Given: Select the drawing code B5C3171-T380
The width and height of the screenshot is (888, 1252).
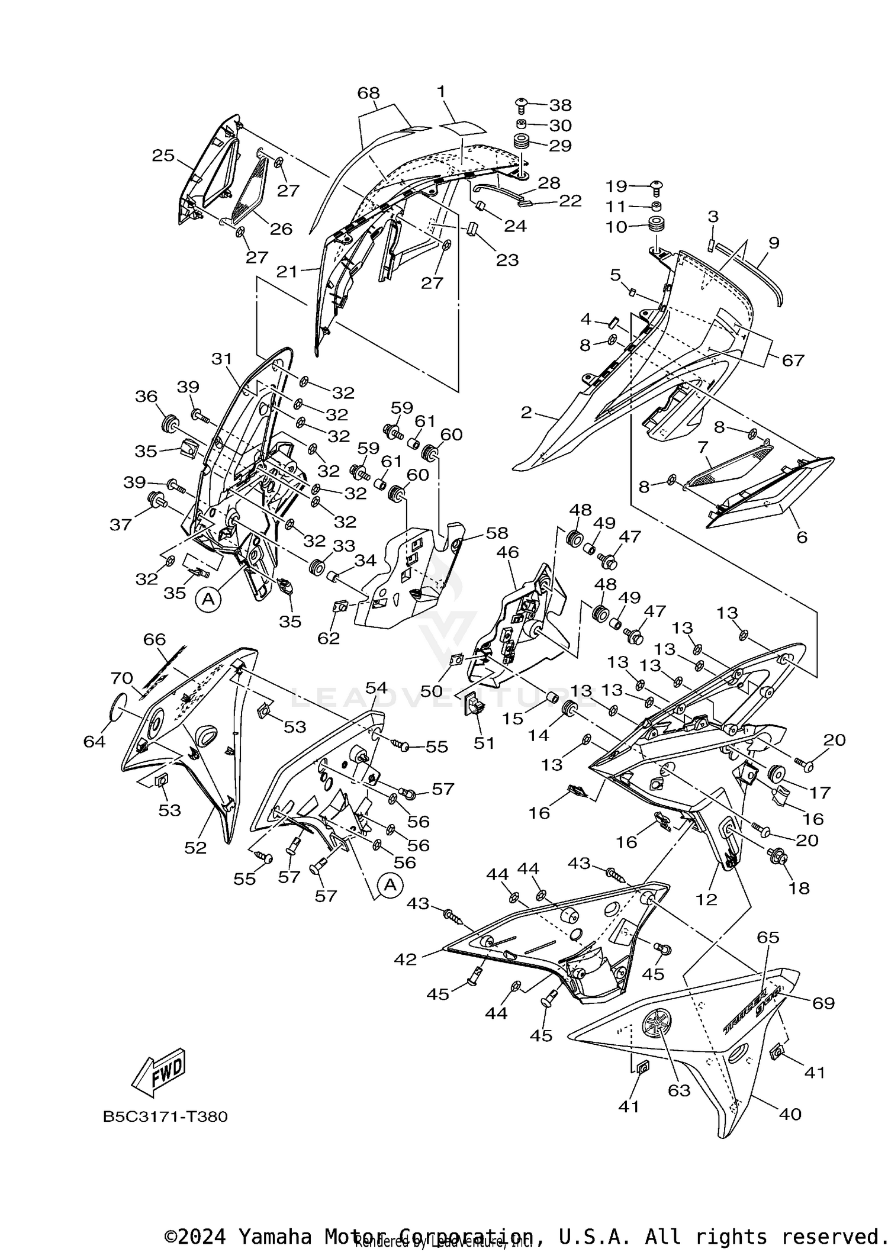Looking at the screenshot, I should [165, 1116].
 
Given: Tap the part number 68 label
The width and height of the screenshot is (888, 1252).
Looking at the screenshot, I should [368, 93].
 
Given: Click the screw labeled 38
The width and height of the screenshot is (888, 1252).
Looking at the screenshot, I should [522, 105].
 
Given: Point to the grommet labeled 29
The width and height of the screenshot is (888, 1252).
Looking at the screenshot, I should [522, 143].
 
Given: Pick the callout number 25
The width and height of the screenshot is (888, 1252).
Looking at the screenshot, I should [163, 156].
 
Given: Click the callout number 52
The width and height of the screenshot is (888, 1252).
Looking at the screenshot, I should [195, 848].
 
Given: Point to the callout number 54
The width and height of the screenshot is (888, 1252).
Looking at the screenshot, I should [377, 687].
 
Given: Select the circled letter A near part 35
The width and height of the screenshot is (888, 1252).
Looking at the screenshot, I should [208, 600].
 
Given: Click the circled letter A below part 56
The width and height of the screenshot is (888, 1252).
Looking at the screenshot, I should [390, 885].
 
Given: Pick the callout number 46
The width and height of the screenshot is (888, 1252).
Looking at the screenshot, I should [507, 552].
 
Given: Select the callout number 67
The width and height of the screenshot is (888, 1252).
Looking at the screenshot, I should [793, 360].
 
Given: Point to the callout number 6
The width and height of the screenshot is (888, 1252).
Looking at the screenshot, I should [802, 537].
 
